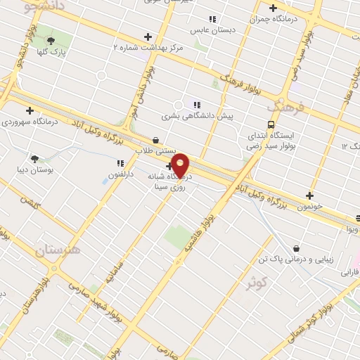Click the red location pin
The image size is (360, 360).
[x=180, y=165]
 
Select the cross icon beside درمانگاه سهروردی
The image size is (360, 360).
[x=30, y=110]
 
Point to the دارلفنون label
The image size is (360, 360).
[x=116, y=174]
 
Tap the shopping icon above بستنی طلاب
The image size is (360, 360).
[x=155, y=139]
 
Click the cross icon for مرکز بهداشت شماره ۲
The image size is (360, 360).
[x=147, y=37]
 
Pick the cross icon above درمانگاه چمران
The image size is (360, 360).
[x=273, y=8]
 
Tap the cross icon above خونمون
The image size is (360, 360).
[x=310, y=195]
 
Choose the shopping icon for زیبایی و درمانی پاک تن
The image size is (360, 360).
[x=296, y=247]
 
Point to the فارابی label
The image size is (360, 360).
[x=349, y=271]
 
